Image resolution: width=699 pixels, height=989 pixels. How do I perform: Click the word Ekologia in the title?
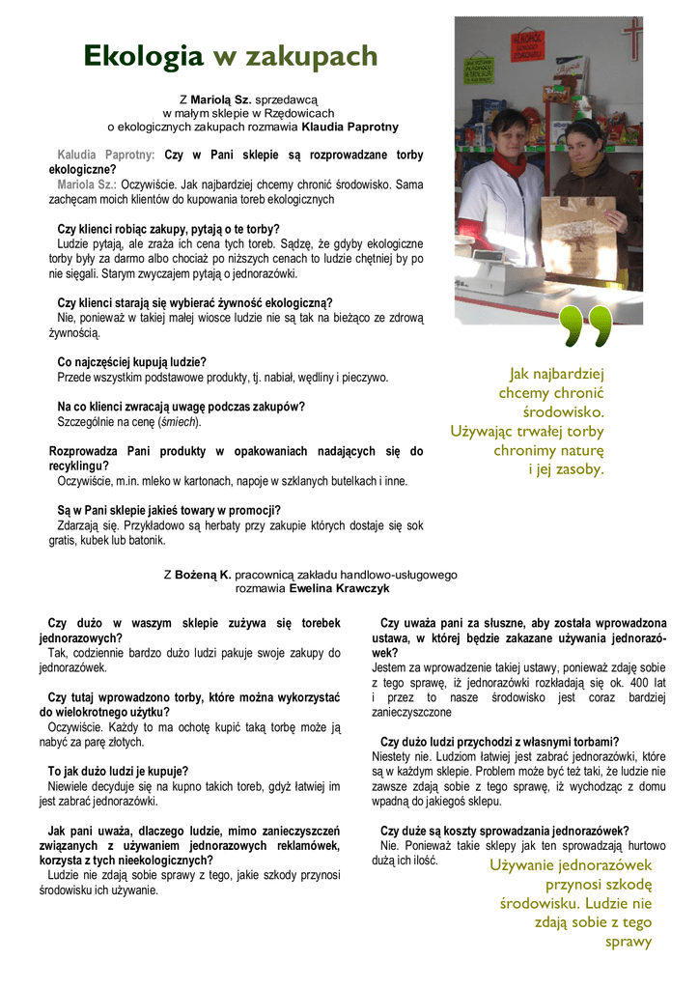pos(143,57)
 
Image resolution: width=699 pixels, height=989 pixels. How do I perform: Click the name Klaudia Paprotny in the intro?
pos(337,127)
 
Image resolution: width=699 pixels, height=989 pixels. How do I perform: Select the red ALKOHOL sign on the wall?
pos(529,44)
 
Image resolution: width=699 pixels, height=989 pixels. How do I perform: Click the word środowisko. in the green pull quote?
pos(570,412)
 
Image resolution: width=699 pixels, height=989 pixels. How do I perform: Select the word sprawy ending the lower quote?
pos(629,942)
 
